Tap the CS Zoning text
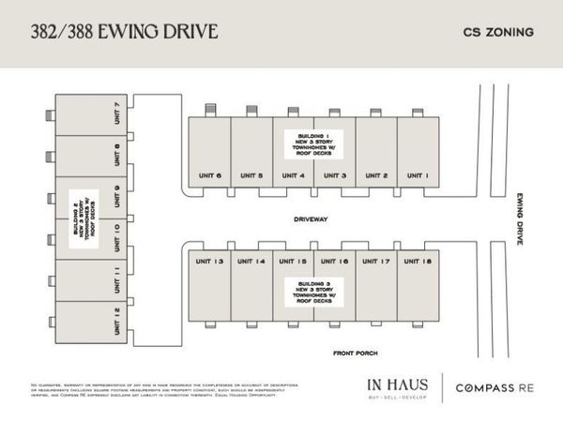click(498, 32)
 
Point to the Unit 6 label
click(209, 175)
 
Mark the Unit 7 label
click(116, 113)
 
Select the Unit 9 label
click(116, 196)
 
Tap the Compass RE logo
click(495, 387)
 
